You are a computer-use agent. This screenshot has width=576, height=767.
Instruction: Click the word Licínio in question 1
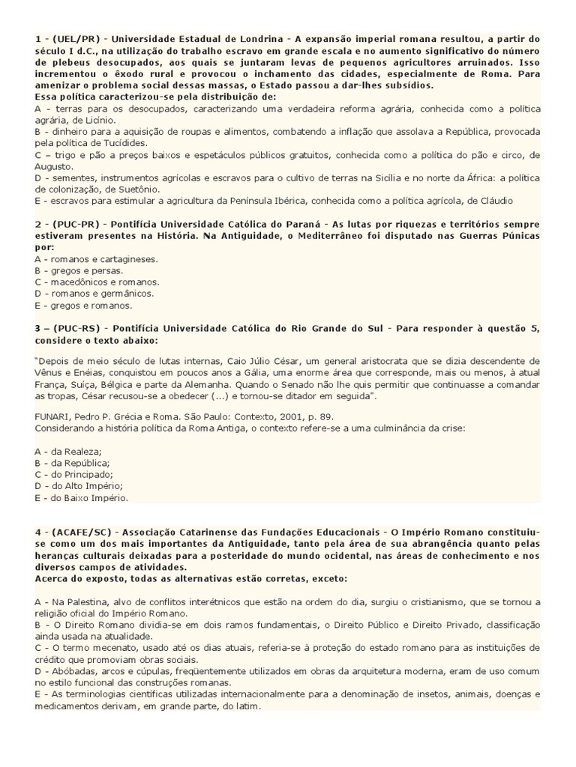point(97,119)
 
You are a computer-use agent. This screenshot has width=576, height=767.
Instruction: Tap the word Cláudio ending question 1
point(493,201)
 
